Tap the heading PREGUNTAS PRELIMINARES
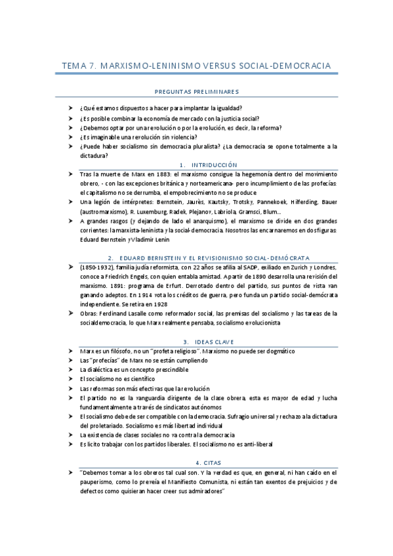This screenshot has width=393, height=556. pyautogui.click(x=196, y=92)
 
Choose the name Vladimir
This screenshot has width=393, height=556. pyautogui.click(x=155, y=239)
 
